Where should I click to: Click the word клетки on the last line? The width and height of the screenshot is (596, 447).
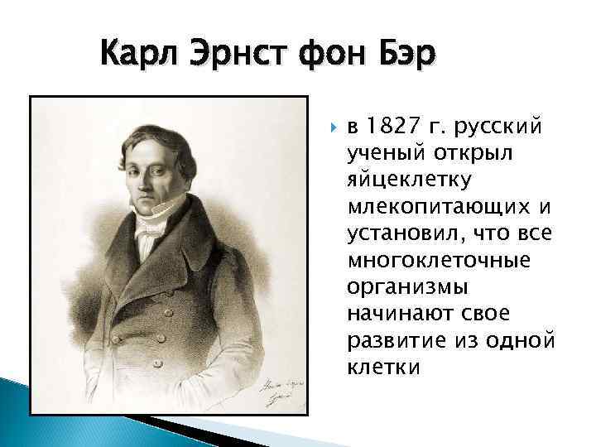383,367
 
